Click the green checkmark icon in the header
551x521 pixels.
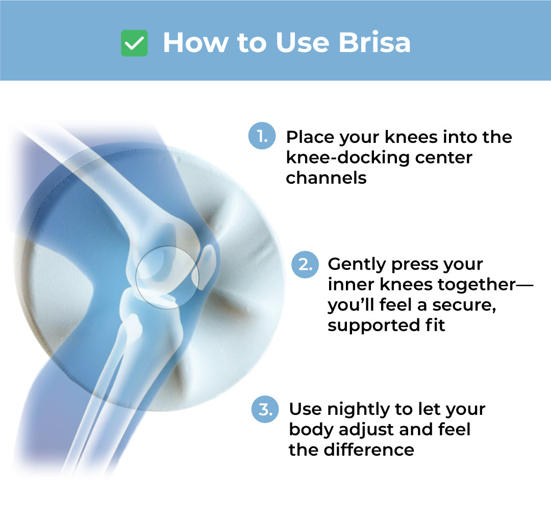point(134,43)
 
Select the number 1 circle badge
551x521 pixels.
point(262,136)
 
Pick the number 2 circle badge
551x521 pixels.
point(305,264)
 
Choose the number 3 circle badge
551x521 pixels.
point(265,409)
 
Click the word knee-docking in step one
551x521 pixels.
point(347,158)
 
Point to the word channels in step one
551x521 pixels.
point(326,178)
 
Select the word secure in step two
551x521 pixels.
point(463,305)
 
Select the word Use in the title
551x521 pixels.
point(303,43)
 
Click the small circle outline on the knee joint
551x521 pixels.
point(167,246)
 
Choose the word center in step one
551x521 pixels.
point(443,158)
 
